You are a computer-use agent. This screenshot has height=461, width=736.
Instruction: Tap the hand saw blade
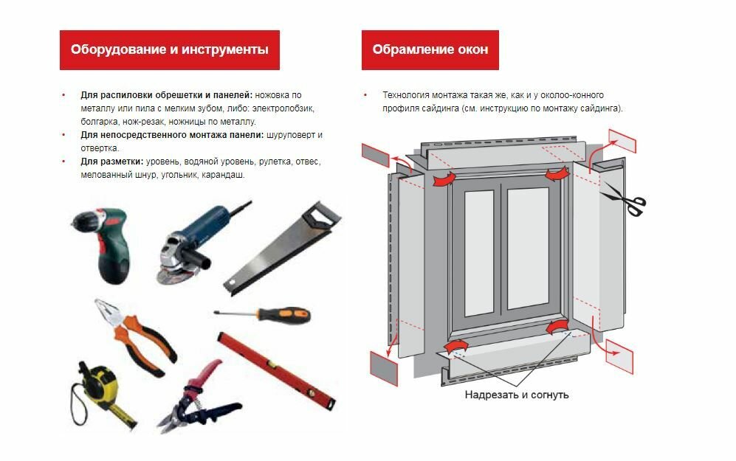(x=277, y=256)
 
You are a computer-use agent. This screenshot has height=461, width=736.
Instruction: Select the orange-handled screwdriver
(x=264, y=315)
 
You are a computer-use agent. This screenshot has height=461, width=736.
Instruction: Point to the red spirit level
(x=277, y=370)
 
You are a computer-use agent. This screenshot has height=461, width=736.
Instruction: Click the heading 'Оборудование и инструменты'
(x=170, y=49)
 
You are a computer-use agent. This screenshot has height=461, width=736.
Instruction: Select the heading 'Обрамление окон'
(x=430, y=49)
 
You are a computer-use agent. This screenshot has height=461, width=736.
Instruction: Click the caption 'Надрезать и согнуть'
(x=516, y=395)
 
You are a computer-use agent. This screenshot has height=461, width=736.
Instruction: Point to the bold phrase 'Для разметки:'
(x=111, y=162)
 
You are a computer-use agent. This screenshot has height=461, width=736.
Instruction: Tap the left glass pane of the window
(x=479, y=253)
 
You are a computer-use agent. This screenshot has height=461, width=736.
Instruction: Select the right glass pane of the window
(x=528, y=249)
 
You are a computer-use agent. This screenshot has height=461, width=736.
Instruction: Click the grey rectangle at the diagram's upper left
(x=376, y=155)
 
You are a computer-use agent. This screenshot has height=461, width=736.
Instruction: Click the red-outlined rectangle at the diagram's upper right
(x=622, y=141)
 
